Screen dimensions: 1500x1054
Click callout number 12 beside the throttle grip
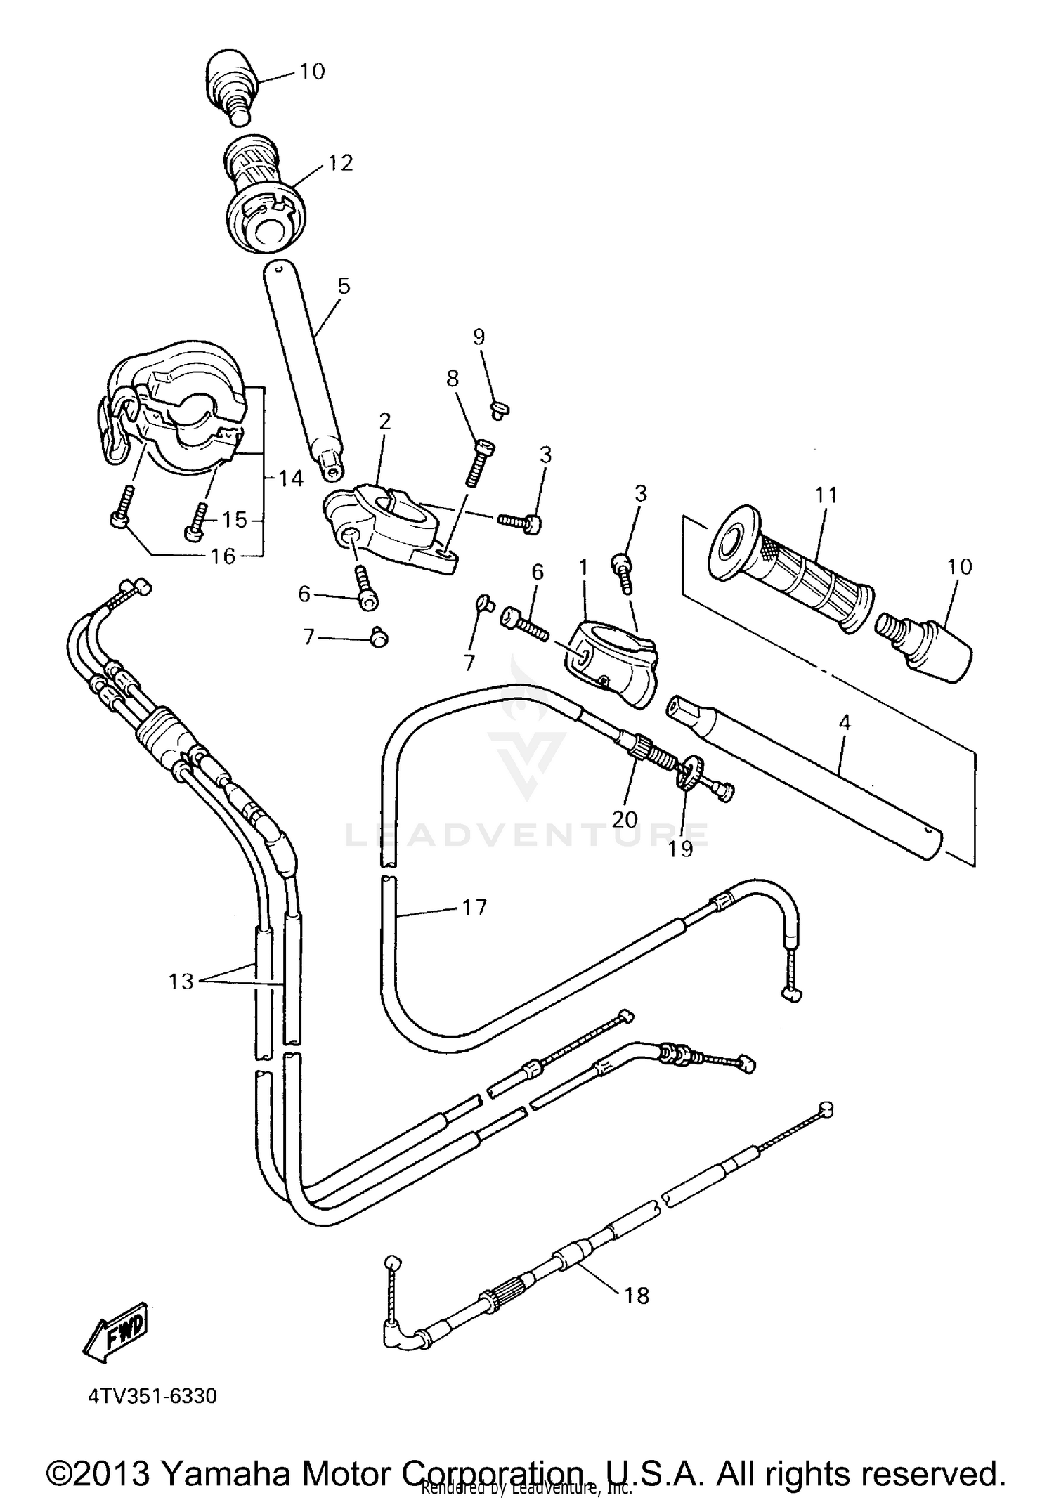[x=340, y=163]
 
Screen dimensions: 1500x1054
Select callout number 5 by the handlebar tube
[x=344, y=286]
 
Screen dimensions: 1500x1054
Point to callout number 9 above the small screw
[x=479, y=337]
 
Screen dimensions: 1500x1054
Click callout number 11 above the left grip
[x=827, y=495]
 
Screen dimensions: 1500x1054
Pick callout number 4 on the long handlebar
[x=845, y=722]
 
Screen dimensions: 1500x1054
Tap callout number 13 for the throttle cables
[x=181, y=981]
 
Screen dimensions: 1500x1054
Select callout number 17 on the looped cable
[x=474, y=908]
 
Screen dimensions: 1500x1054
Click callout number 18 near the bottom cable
[x=637, y=1295]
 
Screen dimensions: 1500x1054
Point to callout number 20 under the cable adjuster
[x=624, y=819]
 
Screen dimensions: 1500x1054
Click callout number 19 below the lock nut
[x=680, y=849]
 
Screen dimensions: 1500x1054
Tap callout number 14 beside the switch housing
[x=290, y=478]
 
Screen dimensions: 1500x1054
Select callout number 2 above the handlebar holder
[x=384, y=421]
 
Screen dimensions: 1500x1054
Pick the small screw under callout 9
[x=500, y=410]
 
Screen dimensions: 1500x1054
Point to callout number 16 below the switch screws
[x=223, y=556]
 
